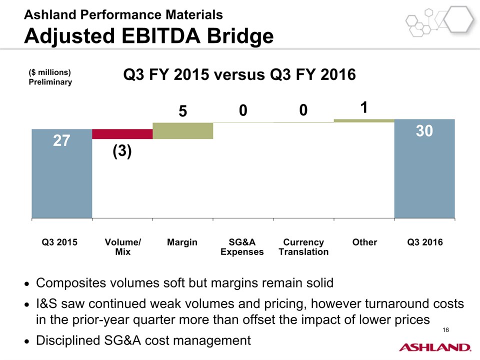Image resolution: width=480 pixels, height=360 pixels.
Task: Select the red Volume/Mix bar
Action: (122, 134)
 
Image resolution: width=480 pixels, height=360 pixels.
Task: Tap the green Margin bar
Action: (182, 130)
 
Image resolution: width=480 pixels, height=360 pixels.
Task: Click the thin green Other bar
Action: (364, 120)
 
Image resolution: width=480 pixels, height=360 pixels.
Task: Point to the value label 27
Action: (61, 141)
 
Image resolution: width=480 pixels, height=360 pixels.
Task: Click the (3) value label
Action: (121, 151)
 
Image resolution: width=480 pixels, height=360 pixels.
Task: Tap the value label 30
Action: (424, 130)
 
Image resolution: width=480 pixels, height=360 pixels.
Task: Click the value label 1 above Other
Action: (364, 107)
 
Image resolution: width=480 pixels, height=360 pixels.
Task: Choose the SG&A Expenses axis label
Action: (242, 247)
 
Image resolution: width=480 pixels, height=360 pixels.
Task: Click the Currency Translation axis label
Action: (303, 247)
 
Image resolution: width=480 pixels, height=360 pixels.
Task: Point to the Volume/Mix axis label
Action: (122, 247)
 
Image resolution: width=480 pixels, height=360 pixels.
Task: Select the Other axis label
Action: (364, 242)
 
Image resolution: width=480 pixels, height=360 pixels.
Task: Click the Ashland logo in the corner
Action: (434, 347)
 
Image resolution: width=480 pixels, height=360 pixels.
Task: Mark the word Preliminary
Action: (50, 82)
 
